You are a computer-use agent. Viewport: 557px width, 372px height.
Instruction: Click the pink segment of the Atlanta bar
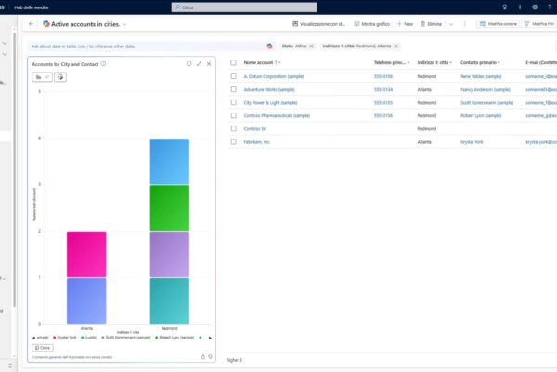(86, 254)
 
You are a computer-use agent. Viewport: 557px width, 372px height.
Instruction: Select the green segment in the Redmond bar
(169, 207)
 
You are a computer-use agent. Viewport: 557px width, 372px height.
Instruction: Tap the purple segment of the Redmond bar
(169, 254)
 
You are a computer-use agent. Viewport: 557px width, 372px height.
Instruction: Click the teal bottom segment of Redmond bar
(169, 299)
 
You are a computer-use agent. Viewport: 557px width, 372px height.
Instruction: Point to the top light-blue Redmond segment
(169, 162)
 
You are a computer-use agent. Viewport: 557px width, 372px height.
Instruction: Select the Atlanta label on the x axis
(86, 328)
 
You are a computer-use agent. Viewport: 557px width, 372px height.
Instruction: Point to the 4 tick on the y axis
(39, 139)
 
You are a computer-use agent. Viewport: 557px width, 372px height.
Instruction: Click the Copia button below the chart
(42, 347)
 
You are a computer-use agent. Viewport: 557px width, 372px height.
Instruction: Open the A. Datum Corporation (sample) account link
(275, 76)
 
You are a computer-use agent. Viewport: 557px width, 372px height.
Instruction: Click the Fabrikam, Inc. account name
(257, 142)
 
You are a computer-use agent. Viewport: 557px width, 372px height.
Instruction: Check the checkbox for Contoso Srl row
(234, 129)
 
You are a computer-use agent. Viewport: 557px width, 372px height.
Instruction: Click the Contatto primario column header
(477, 62)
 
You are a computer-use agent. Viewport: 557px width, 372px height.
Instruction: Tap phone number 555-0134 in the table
(383, 89)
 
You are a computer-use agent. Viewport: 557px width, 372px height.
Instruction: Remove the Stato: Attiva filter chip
(311, 46)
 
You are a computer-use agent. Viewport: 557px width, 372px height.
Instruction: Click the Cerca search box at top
(278, 7)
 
